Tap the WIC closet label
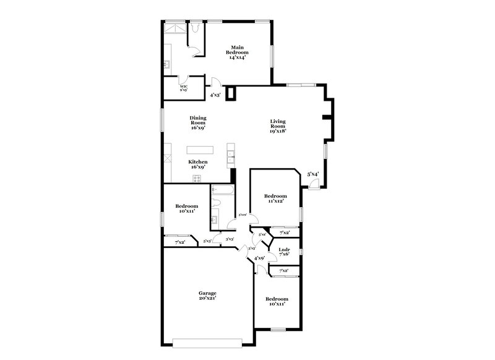[184, 88]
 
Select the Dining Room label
[198, 122]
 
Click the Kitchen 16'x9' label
[198, 164]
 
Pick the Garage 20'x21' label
[207, 295]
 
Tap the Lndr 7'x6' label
[285, 252]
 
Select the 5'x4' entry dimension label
[313, 174]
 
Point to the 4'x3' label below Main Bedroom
[215, 95]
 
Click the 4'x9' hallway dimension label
[260, 257]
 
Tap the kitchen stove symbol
[197, 179]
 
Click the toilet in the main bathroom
[194, 28]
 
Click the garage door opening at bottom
[213, 341]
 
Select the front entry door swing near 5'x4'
[315, 185]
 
